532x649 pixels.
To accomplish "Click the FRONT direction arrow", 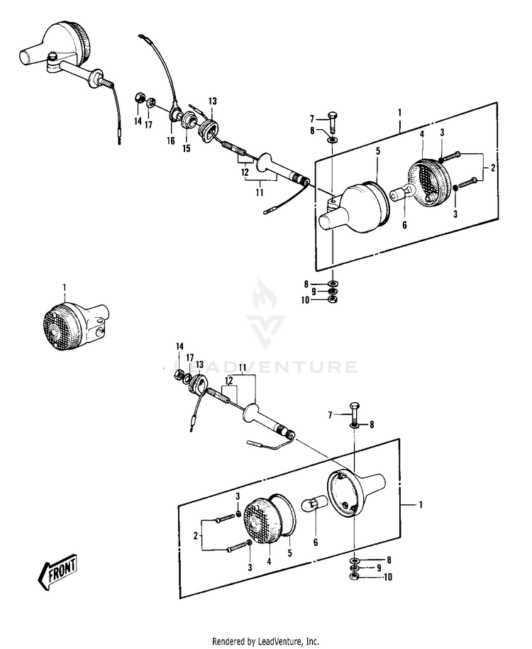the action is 57,572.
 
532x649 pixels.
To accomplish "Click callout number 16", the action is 171,141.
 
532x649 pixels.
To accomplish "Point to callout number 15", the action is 187,148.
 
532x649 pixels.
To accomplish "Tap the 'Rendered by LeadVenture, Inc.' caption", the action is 265,641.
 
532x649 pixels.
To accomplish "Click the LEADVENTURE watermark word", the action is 266,367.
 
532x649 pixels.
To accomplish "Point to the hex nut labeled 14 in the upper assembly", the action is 140,99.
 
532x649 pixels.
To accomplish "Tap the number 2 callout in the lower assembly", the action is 195,536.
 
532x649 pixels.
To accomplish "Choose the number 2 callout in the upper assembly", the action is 493,167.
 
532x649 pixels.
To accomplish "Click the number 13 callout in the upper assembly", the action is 212,101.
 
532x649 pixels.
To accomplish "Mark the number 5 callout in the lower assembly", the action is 290,553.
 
